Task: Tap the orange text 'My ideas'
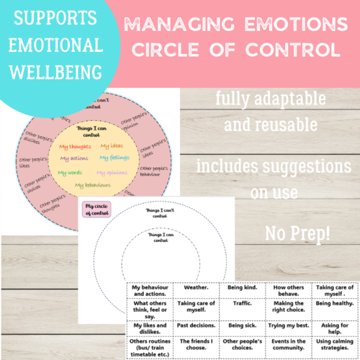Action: point(111,145)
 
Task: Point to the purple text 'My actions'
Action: point(74,158)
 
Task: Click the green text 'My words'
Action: point(71,173)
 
